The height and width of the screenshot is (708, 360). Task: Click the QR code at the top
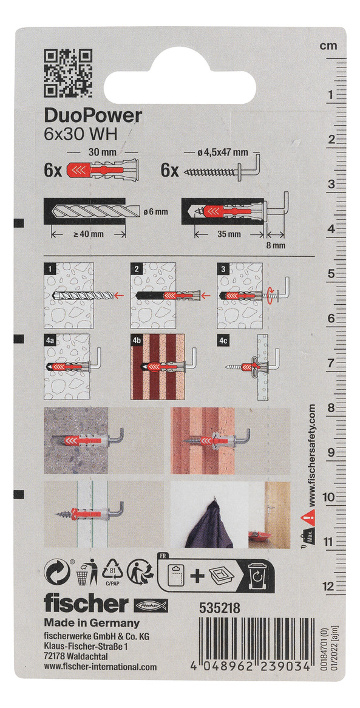pyautogui.click(x=68, y=73)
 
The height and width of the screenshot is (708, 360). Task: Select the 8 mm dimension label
pyautogui.click(x=276, y=246)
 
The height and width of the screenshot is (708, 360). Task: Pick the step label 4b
pyautogui.click(x=137, y=340)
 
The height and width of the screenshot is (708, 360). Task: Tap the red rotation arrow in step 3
pyautogui.click(x=271, y=296)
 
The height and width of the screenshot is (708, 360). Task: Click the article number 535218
pyautogui.click(x=220, y=608)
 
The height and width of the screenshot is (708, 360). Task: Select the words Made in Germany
pyautogui.click(x=92, y=624)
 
